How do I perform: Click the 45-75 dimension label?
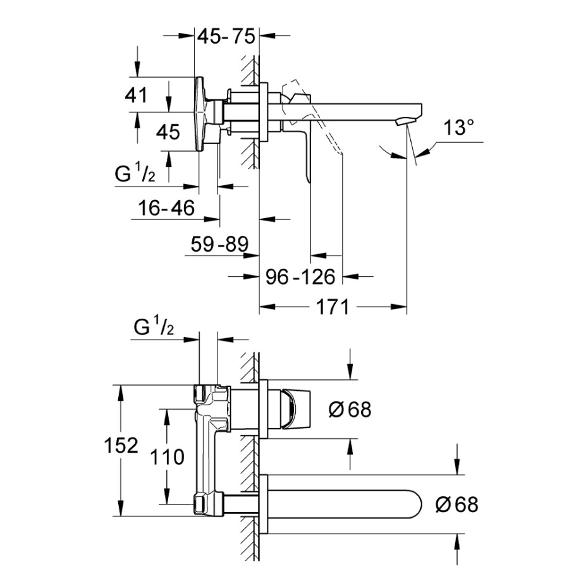click(x=226, y=36)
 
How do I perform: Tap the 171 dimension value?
click(x=333, y=308)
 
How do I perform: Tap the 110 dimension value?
click(x=168, y=456)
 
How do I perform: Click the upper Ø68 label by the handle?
click(x=350, y=410)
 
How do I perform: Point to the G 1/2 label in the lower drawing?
click(x=154, y=328)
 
